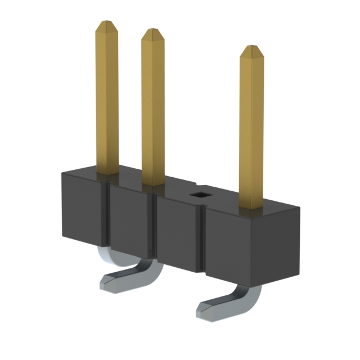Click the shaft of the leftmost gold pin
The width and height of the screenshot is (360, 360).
(x=107, y=101)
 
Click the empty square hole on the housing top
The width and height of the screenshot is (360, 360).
(x=199, y=195)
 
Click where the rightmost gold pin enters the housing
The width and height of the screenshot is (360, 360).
(x=252, y=206)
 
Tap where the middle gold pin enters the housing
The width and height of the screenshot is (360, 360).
(x=152, y=183)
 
